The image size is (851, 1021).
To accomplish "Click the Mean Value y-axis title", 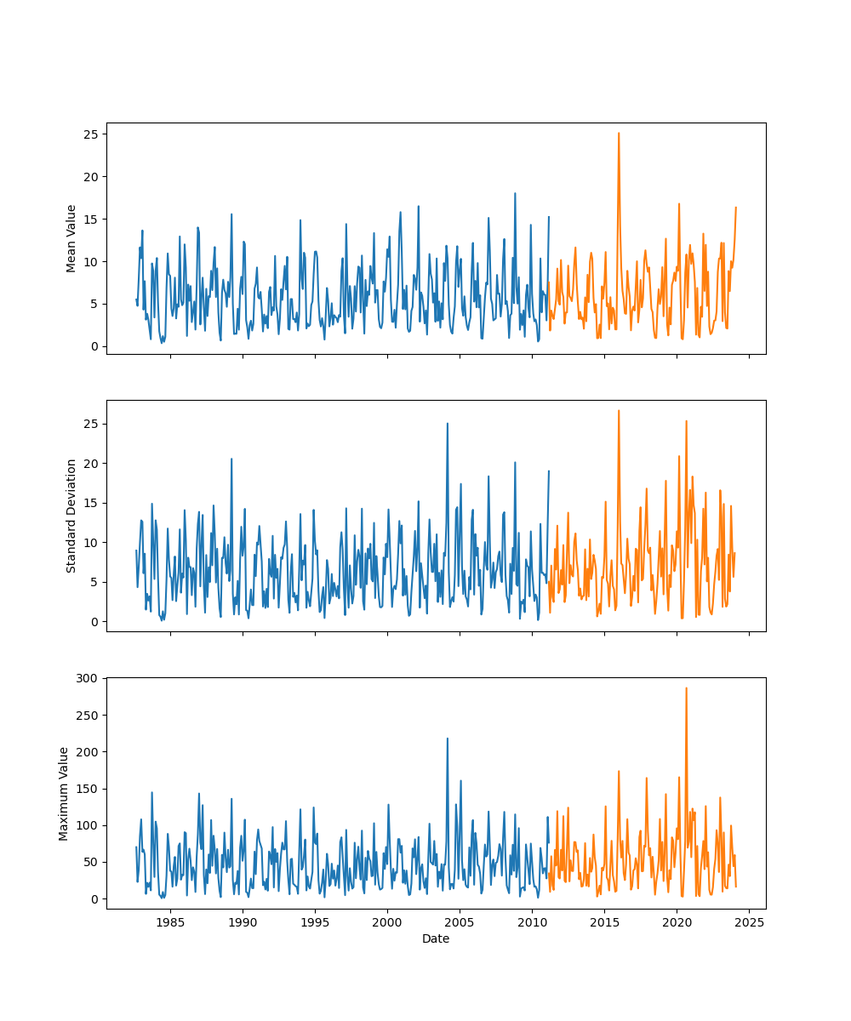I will click(71, 238).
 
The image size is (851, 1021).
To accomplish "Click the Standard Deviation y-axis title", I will click(71, 516).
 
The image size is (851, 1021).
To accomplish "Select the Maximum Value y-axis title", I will click(64, 793).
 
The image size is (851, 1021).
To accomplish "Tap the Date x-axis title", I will click(436, 938).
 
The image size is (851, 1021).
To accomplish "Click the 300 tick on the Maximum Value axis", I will click(89, 678).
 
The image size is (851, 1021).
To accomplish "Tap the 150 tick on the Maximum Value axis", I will click(89, 789).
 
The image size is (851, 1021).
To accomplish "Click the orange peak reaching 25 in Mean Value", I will click(619, 134).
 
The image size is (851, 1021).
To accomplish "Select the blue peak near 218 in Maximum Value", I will click(448, 739).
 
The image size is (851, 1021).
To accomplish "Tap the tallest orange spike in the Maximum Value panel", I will click(686, 688).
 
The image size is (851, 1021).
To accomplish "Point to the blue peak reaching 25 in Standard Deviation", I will click(448, 424).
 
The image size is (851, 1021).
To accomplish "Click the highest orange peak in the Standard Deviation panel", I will click(619, 411).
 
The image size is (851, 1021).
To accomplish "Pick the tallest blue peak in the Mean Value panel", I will click(515, 193).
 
